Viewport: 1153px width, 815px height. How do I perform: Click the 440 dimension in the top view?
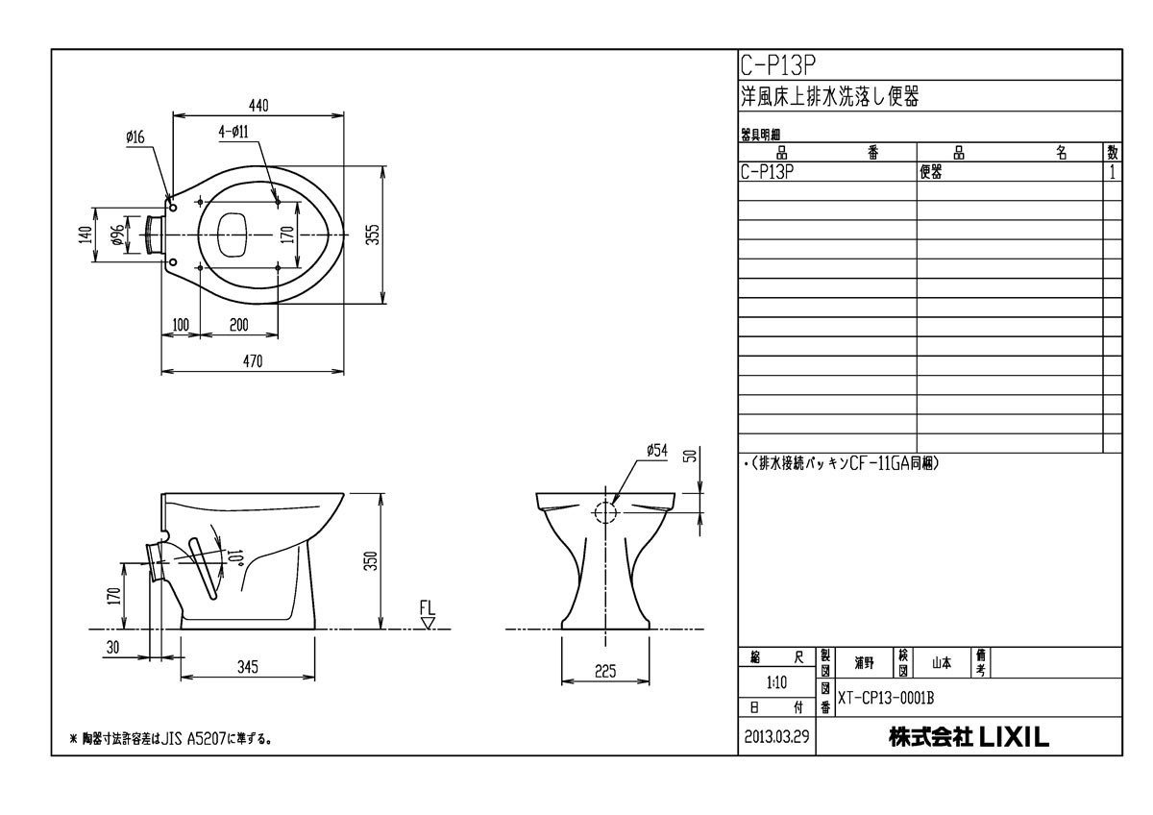click(258, 106)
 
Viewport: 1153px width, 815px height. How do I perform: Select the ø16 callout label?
click(135, 137)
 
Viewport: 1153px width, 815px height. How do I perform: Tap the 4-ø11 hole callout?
click(233, 133)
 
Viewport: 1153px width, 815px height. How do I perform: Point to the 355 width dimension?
click(374, 235)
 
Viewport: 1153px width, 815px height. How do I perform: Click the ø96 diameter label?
click(117, 235)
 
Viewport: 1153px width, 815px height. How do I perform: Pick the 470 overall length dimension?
click(253, 361)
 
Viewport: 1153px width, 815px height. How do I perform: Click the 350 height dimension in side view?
click(372, 561)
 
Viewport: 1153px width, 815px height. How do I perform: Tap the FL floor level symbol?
click(428, 615)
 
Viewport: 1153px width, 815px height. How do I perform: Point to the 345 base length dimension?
click(248, 667)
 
